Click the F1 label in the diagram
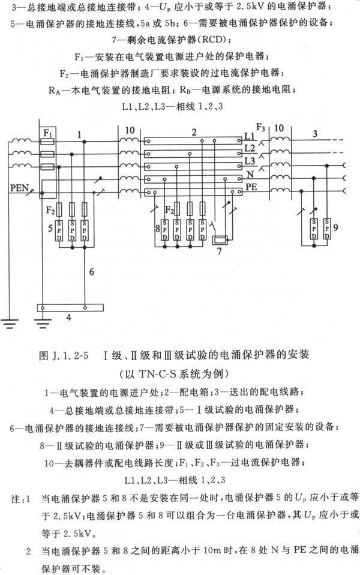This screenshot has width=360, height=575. pyautogui.click(x=48, y=133)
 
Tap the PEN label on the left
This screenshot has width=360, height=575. pyautogui.click(x=19, y=188)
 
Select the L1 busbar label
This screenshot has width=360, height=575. pyautogui.click(x=249, y=136)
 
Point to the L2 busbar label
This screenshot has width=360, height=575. pyautogui.click(x=250, y=148)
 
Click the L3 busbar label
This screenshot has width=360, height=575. pyautogui.click(x=250, y=161)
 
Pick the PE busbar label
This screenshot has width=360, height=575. pyautogui.click(x=251, y=187)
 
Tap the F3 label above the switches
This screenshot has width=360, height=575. pyautogui.click(x=260, y=127)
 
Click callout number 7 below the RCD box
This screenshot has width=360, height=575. pyautogui.click(x=219, y=251)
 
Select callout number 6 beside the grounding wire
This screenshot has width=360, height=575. pyautogui.click(x=92, y=272)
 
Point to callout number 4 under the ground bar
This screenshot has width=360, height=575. pyautogui.click(x=68, y=318)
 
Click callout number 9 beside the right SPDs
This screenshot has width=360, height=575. pyautogui.click(x=335, y=227)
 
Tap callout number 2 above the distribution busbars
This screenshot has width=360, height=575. pyautogui.click(x=194, y=133)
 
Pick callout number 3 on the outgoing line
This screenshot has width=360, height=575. pyautogui.click(x=315, y=134)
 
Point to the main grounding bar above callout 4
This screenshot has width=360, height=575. pyautogui.click(x=70, y=307)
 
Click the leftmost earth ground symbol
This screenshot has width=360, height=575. pyautogui.click(x=9, y=324)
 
